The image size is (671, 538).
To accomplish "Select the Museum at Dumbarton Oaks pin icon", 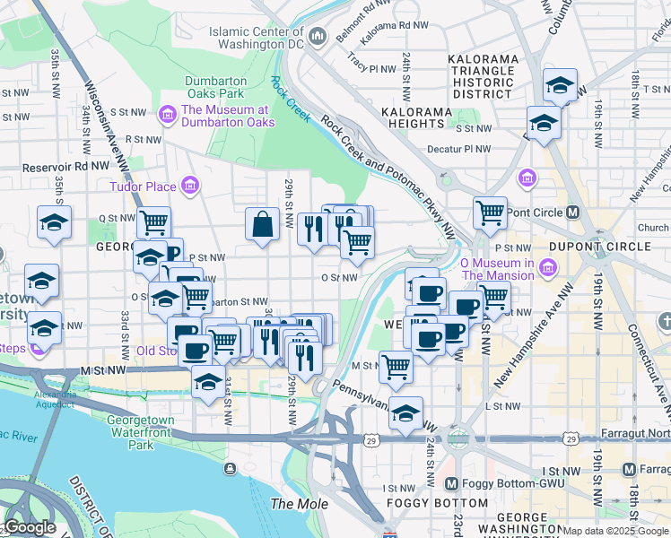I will [167, 115].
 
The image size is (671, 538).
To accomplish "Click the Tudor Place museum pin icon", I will [189, 187].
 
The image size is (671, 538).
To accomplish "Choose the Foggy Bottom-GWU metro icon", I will [452, 484].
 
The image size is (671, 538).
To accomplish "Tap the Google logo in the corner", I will [30, 527].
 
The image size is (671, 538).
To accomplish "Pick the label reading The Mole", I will [300, 504].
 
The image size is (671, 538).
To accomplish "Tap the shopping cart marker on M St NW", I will [395, 366].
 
